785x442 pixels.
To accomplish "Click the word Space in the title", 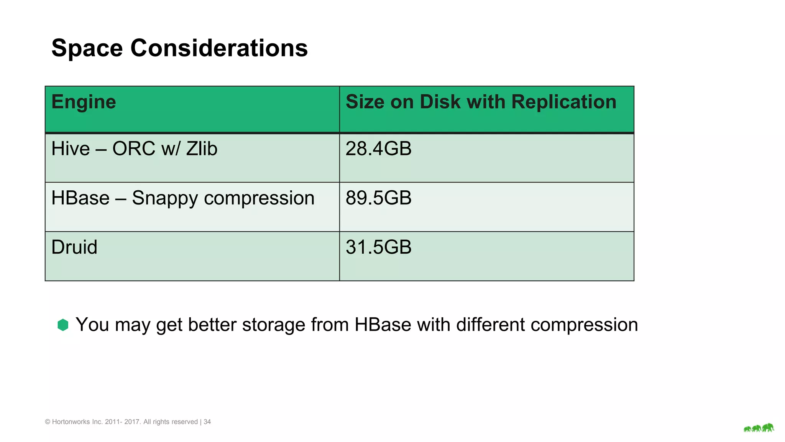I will point(87,48).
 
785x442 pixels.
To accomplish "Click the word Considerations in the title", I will point(219,48).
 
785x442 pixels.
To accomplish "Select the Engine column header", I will point(84,102).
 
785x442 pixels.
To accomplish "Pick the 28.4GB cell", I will point(378,149).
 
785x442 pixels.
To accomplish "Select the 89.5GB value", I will point(378,198).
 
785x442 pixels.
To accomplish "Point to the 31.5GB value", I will point(378,247).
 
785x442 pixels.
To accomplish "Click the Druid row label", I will point(74,247).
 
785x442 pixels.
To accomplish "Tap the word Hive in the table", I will point(70,149).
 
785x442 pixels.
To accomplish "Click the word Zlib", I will point(202,149).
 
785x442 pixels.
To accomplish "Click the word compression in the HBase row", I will point(259,199).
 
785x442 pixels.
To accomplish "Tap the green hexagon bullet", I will point(63,325).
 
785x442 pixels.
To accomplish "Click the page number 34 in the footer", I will point(207,422).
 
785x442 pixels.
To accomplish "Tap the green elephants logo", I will point(759,428).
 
